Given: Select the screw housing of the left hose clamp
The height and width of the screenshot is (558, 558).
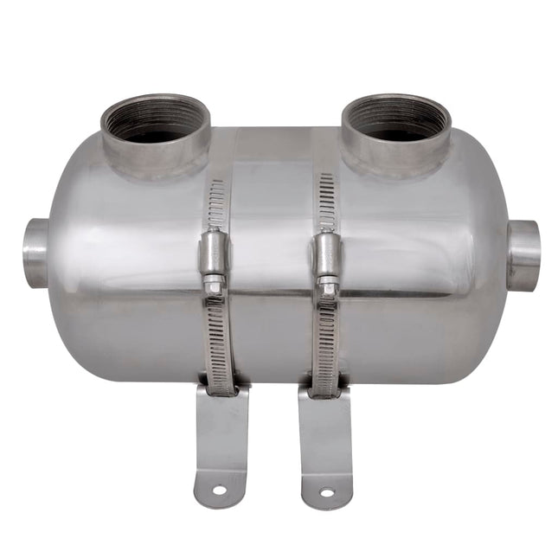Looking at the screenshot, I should (x=212, y=252).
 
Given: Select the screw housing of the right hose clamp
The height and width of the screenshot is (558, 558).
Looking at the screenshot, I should (x=325, y=253).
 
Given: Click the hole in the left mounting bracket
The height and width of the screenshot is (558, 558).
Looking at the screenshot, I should (x=219, y=490).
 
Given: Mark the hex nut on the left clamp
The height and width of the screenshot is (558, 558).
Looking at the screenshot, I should (x=213, y=281).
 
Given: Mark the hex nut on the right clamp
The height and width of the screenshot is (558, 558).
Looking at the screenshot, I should (x=327, y=282).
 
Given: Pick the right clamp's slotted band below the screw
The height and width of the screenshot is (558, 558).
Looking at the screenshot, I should (x=326, y=342).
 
